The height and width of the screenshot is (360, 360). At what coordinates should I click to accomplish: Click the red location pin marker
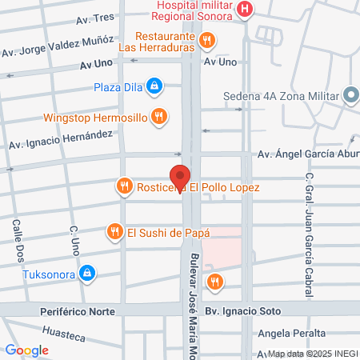[180, 177]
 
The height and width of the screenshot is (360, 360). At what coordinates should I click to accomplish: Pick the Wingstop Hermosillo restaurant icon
[159, 117]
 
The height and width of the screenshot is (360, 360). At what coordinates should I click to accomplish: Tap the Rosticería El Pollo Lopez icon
[123, 187]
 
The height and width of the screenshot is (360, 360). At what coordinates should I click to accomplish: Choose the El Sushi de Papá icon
[115, 233]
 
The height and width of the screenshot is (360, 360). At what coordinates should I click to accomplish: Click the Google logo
[26, 350]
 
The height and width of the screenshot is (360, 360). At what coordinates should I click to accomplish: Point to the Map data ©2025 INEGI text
[312, 354]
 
